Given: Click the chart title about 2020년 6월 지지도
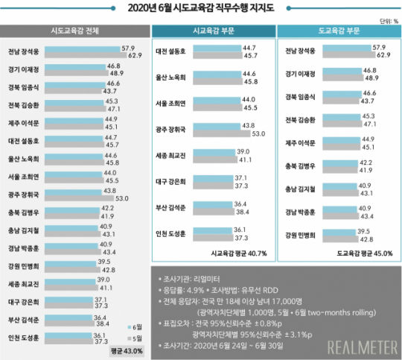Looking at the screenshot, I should (201, 8).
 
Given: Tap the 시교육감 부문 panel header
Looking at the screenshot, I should (211, 31).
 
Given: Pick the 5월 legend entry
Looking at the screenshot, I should (132, 338).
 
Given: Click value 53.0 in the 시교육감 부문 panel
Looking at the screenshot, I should (260, 133).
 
